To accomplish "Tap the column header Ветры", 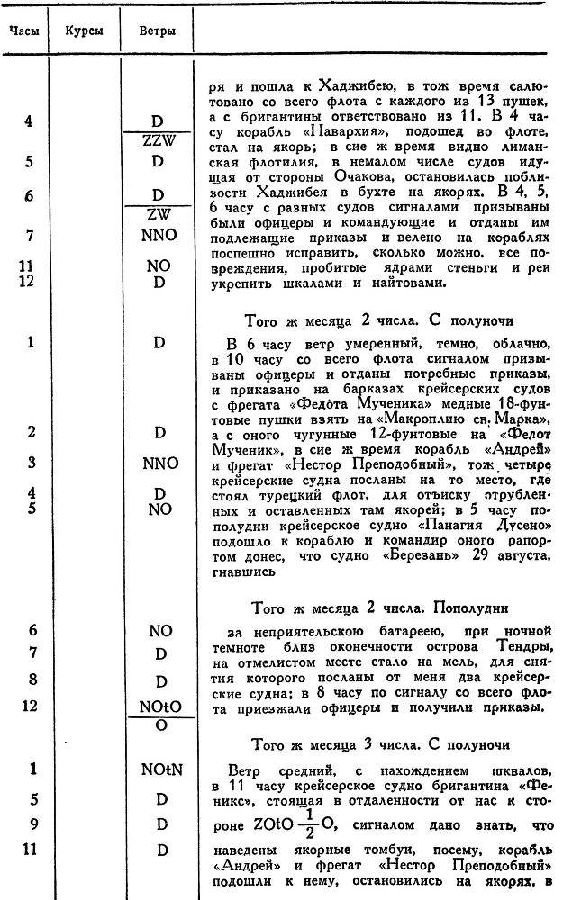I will tap(157, 31).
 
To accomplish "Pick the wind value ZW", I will tap(159, 216).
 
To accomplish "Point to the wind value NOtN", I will tap(159, 769).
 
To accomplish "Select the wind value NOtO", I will tap(159, 706).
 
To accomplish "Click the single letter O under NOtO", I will tap(159, 724).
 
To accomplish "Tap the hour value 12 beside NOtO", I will tap(30, 706).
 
